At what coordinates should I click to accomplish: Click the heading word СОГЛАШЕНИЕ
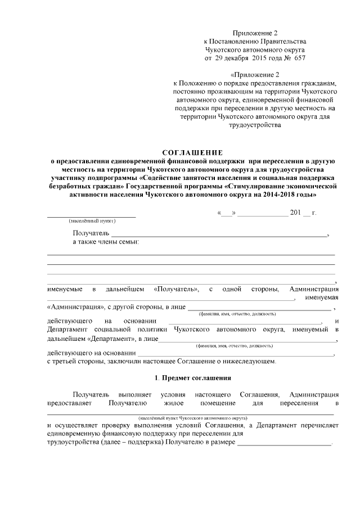pyautogui.click(x=192, y=152)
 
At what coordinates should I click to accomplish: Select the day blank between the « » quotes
pyautogui.click(x=227, y=214)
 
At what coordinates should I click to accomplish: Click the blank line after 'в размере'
pyautogui.click(x=285, y=443)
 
